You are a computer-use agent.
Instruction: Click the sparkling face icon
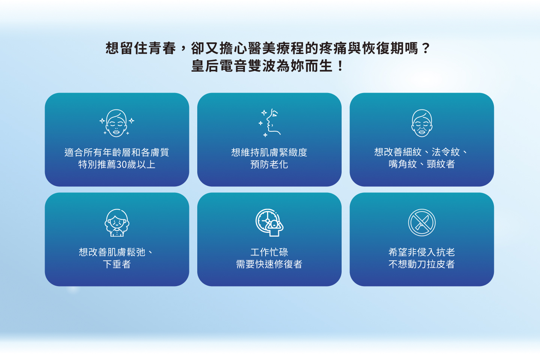coord(117,123)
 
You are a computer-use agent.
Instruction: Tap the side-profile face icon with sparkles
coord(270,123)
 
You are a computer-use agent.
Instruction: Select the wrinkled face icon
coord(422,123)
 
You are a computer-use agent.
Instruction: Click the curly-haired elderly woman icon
coord(117,222)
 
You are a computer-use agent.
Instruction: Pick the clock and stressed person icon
coord(270,222)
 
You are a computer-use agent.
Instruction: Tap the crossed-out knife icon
coord(422,222)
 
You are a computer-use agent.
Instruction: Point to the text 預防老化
coord(269,165)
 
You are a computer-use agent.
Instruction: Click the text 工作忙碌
coord(269,252)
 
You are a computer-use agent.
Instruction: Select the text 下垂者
coord(117,264)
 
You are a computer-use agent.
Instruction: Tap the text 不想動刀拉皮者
coord(422,264)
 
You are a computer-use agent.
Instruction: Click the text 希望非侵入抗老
coord(422,252)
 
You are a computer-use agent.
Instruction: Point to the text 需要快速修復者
coord(269,264)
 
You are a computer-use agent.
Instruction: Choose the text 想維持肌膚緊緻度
coord(269,152)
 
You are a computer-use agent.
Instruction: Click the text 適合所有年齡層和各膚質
coord(117,152)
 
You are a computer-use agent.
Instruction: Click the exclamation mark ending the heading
coord(340,66)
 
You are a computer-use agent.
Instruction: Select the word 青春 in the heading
coord(162,48)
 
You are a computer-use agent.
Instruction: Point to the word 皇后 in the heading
coord(205,66)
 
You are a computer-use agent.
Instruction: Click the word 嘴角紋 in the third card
coord(403,164)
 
